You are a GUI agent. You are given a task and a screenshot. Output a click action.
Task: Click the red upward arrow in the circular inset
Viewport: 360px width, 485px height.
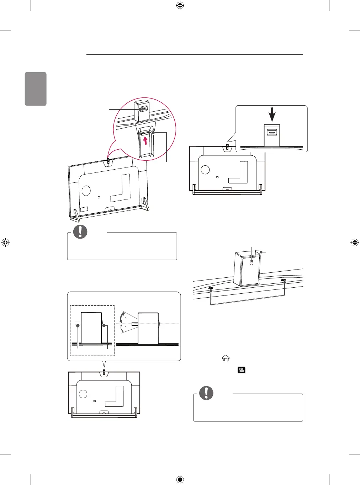point(145,141)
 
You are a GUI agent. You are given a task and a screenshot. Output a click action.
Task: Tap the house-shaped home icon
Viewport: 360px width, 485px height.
point(226,358)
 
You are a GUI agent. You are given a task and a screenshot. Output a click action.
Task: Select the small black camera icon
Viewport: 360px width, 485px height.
point(242,370)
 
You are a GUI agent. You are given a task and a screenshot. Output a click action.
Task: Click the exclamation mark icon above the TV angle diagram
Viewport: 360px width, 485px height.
point(80,231)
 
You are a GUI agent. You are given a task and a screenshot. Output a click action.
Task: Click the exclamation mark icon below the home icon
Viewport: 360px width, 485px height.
point(206,393)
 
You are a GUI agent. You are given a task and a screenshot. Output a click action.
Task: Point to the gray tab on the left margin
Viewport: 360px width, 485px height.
point(36,89)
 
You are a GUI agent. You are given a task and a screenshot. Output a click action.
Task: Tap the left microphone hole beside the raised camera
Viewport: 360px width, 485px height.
point(211,288)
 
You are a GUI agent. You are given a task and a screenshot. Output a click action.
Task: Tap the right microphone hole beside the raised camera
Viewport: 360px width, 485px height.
point(284,281)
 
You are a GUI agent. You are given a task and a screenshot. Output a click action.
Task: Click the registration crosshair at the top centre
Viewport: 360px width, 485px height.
point(180,5)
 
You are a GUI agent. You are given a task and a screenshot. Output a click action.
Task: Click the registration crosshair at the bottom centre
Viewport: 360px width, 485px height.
point(180,480)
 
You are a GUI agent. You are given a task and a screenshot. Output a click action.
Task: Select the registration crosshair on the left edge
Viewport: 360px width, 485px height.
point(5,242)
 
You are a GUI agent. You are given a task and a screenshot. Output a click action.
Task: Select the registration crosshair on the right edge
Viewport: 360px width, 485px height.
point(355,242)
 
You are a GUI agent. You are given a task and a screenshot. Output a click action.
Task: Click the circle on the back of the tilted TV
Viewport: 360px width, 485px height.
point(86,190)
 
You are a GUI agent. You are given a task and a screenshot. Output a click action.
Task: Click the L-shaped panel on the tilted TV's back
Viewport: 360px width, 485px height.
point(121,190)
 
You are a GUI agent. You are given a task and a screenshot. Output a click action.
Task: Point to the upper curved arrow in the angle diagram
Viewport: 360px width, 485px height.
point(122,317)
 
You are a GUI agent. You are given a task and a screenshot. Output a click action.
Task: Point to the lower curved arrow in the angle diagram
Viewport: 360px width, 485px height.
point(122,329)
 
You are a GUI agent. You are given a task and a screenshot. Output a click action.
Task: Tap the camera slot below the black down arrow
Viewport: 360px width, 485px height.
point(272,133)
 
